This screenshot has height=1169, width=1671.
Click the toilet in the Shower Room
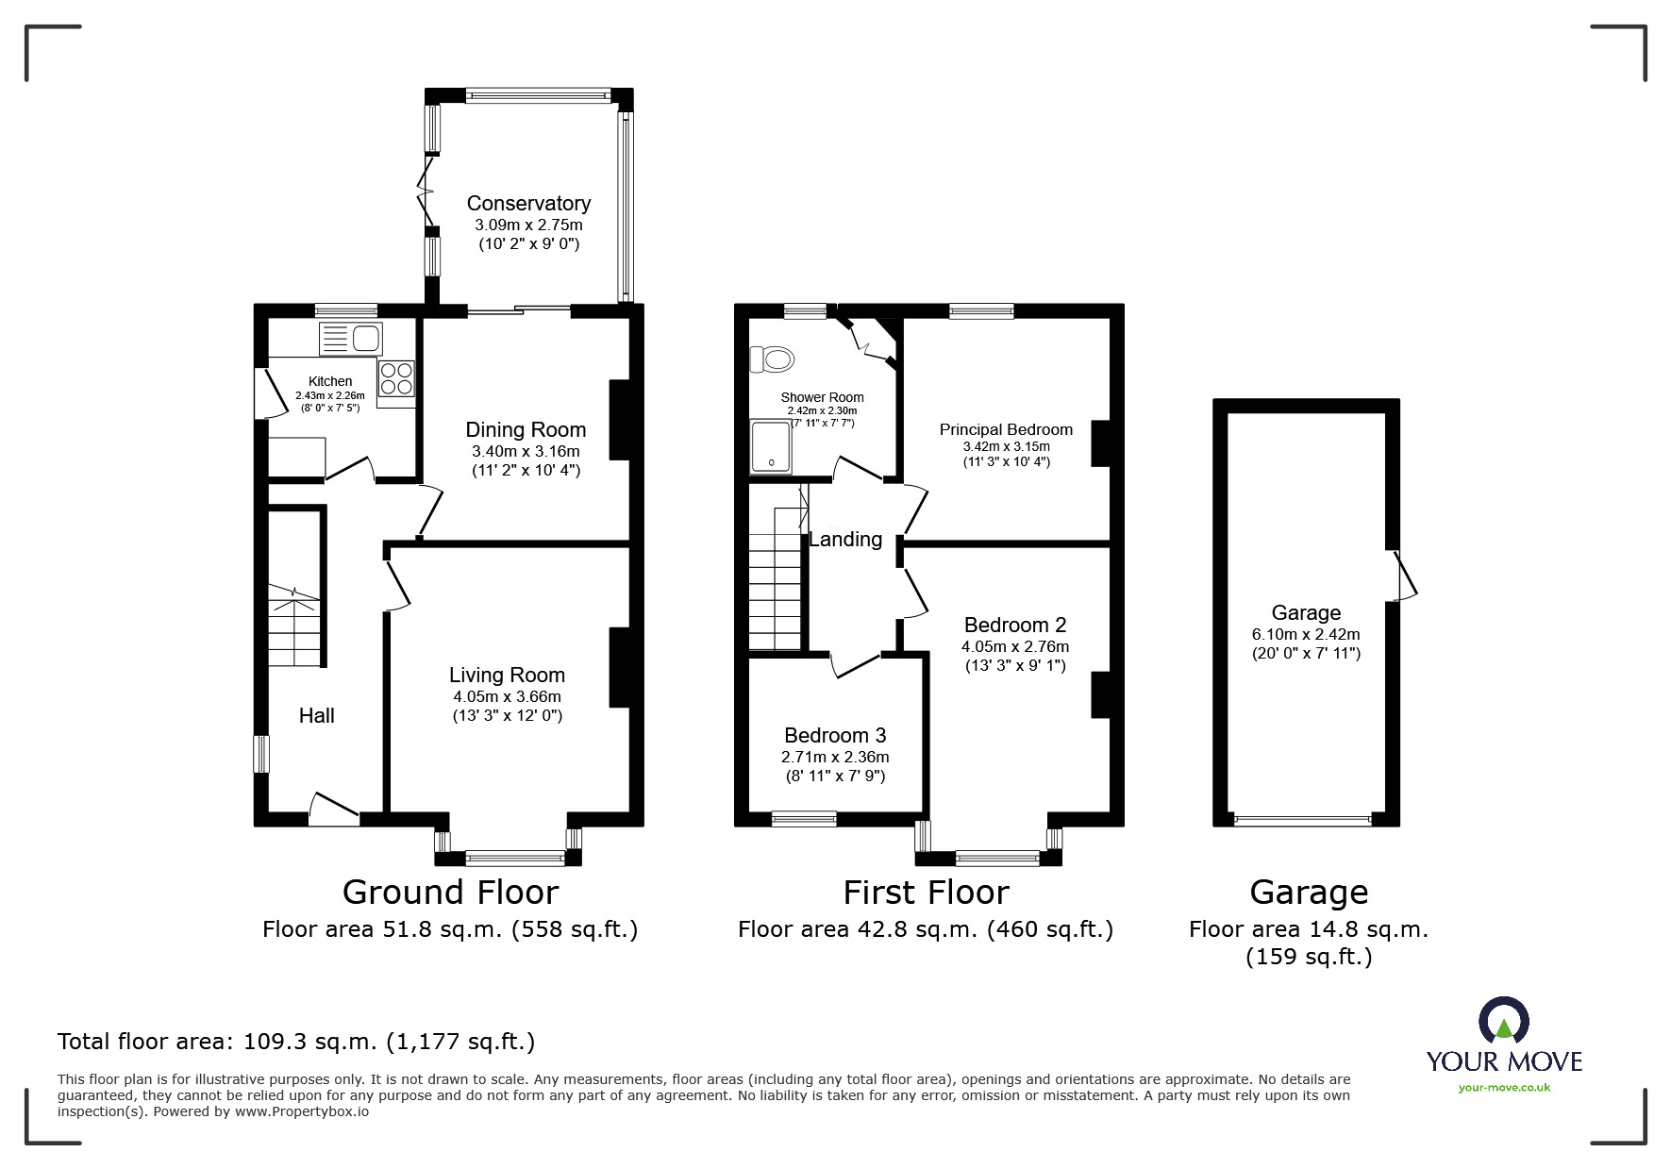click(x=772, y=359)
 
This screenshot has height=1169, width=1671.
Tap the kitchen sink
click(x=350, y=339)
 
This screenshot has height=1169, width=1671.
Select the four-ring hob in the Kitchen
click(x=395, y=378)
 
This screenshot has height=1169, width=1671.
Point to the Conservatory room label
click(x=528, y=203)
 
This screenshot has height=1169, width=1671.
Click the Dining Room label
click(x=526, y=430)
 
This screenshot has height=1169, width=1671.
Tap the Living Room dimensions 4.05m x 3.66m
click(x=507, y=696)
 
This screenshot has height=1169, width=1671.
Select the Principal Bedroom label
click(x=1006, y=429)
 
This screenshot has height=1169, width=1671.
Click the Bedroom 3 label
click(x=835, y=735)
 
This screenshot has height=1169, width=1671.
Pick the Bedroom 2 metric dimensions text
click(x=1015, y=646)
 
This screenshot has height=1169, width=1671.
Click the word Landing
click(x=845, y=539)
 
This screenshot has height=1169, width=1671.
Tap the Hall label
click(x=317, y=715)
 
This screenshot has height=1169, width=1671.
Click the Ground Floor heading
click(x=450, y=892)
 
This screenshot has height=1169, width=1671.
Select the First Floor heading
click(x=926, y=892)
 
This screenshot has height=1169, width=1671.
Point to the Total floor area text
click(x=296, y=1042)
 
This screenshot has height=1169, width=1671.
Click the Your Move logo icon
click(x=1503, y=1022)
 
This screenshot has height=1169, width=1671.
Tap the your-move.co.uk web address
click(x=1504, y=1088)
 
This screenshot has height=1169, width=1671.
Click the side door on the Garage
click(x=1404, y=576)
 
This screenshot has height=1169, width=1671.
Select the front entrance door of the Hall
click(x=334, y=809)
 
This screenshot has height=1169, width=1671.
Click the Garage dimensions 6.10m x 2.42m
click(x=1306, y=634)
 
